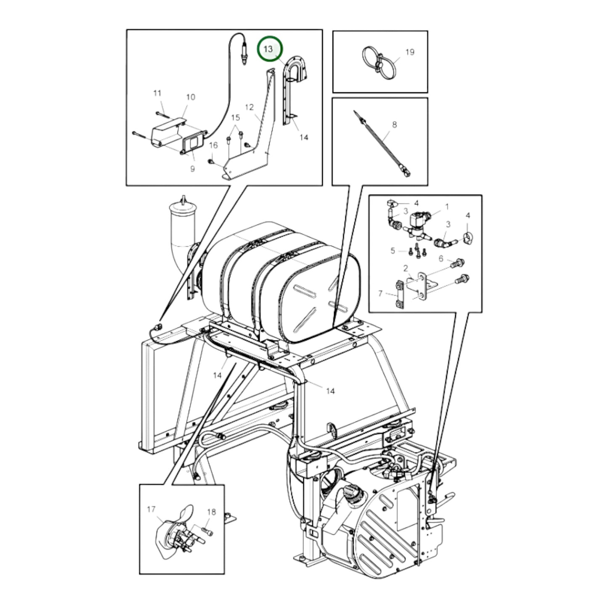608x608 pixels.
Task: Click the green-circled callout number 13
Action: [x=268, y=49]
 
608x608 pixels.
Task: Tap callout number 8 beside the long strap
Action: [x=394, y=125]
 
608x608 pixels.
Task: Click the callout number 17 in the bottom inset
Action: [x=151, y=510]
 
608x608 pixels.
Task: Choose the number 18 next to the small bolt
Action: [x=211, y=512]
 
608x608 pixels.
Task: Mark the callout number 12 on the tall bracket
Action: [x=250, y=107]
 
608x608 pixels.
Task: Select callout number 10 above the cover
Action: [x=191, y=97]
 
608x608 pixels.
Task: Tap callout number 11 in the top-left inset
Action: [x=157, y=93]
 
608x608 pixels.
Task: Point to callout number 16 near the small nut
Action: [x=213, y=145]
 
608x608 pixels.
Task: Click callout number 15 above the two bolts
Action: [x=235, y=117]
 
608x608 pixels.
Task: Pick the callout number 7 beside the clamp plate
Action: [x=380, y=293]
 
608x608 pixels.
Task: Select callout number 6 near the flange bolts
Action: [x=441, y=258]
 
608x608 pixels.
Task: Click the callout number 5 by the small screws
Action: [x=393, y=251]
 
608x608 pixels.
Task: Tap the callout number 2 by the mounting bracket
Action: [x=405, y=268]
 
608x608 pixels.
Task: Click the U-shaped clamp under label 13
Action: [x=296, y=69]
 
